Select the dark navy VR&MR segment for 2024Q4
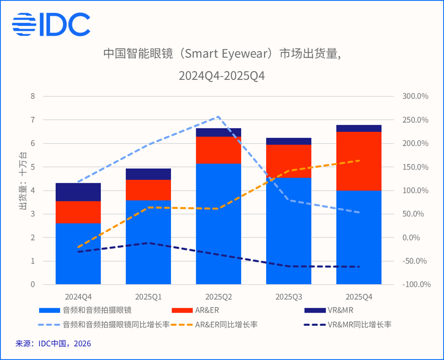click(x=78, y=192)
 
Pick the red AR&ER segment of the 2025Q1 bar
click(x=148, y=190)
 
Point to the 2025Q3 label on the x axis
click(x=288, y=296)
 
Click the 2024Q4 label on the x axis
click(x=78, y=296)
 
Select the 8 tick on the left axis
click(x=33, y=96)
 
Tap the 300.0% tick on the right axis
click(x=415, y=96)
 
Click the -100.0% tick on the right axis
click(x=414, y=285)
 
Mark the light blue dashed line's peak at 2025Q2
click(x=218, y=116)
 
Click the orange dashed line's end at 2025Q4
click(x=358, y=160)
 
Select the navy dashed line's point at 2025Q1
click(x=148, y=243)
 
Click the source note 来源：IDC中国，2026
click(x=53, y=344)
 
